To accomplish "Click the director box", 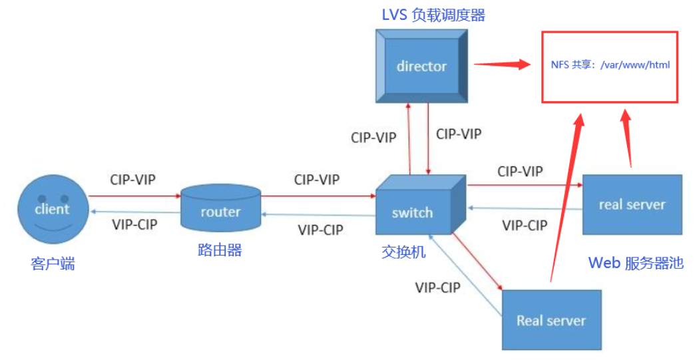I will tap(422, 66).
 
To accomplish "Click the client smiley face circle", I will tap(53, 210).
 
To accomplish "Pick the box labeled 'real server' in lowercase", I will tap(632, 204).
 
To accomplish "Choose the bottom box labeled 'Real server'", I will tap(551, 320).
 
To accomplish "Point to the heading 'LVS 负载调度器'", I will tap(433, 15).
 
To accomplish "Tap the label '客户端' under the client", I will tap(53, 264).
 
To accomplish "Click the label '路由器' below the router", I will tap(220, 250).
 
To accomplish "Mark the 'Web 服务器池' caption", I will tap(635, 262).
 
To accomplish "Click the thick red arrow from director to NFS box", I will tap(502, 65).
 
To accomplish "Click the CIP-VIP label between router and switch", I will tap(316, 180).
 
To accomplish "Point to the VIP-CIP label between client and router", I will tap(134, 224).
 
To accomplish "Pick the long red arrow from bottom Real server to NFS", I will tap(565, 200).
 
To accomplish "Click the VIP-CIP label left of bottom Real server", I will tap(438, 287).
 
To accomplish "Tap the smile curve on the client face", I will tap(53, 226).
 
